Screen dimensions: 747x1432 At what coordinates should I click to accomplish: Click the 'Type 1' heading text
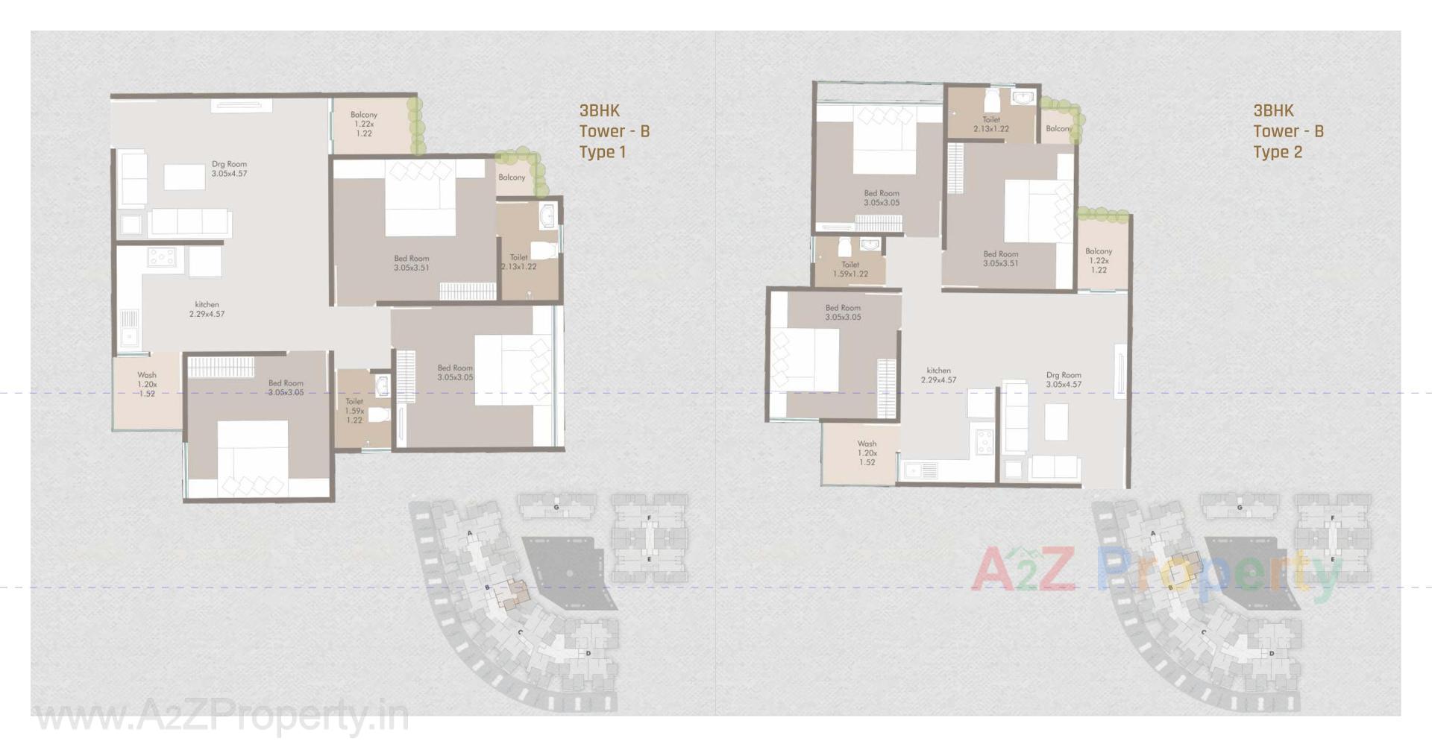(603, 152)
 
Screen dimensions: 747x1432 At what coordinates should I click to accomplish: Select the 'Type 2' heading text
(1277, 152)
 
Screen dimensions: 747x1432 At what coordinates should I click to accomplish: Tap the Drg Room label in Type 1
(229, 168)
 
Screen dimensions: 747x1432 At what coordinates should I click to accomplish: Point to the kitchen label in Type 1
(207, 309)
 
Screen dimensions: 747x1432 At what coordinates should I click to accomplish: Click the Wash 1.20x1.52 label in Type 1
(147, 384)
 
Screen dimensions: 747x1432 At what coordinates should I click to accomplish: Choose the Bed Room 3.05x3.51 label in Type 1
(412, 263)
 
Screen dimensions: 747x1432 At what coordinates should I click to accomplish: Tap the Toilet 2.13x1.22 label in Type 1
(519, 262)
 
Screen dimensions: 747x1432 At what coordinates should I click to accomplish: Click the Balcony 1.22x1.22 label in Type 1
(364, 124)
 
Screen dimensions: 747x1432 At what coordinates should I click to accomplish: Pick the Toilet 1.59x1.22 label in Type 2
(850, 269)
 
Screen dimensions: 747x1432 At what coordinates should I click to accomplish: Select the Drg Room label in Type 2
(1064, 379)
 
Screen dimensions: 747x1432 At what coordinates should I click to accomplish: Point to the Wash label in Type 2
(867, 453)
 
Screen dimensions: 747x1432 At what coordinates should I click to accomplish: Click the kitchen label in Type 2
(938, 375)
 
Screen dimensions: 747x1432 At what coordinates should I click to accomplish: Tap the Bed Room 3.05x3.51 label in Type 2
(1000, 258)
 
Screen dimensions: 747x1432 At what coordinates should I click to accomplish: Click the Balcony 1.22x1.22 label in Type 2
(1099, 260)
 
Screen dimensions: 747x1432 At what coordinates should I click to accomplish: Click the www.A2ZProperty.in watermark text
(222, 717)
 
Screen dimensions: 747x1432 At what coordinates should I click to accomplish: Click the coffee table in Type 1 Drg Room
(184, 177)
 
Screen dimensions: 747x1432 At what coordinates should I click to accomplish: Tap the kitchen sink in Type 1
(130, 328)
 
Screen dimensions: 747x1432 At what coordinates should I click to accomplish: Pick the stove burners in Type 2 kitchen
(984, 442)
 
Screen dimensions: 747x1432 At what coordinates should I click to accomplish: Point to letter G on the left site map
(556, 508)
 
